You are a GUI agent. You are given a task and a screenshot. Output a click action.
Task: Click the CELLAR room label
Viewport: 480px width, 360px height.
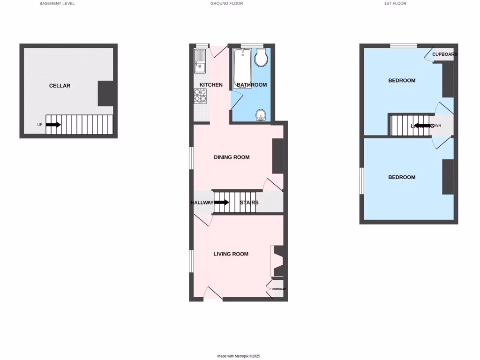(x=60, y=86)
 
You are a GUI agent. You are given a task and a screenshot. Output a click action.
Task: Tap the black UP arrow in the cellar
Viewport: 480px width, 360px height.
(x=53, y=125)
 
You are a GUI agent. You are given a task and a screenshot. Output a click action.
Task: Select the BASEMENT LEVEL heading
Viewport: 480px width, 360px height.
(x=57, y=3)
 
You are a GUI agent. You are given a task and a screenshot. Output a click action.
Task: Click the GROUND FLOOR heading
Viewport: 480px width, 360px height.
(x=226, y=3)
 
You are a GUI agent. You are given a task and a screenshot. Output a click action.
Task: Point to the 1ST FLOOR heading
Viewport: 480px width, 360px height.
(x=395, y=3)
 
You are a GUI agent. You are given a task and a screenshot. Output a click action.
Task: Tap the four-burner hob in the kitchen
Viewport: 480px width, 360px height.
(x=200, y=96)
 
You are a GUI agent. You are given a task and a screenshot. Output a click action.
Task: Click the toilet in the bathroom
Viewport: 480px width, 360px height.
(x=261, y=58)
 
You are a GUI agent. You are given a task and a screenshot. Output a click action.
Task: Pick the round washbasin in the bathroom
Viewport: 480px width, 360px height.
(x=261, y=115)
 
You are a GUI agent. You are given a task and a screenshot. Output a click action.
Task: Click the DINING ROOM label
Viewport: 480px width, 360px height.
(x=232, y=157)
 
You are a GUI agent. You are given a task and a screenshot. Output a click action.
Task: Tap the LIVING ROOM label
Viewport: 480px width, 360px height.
(x=231, y=254)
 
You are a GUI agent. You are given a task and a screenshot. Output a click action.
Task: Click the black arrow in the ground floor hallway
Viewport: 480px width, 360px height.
(x=222, y=202)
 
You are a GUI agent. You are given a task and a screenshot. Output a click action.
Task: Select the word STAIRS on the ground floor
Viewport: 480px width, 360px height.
(x=249, y=203)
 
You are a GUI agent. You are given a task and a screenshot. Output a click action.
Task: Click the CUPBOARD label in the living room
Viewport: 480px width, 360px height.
(x=279, y=289)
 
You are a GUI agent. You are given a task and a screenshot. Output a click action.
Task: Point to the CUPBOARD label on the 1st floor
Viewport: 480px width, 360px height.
(x=445, y=54)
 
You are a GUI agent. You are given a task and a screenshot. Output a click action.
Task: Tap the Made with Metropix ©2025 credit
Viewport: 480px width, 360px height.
(x=239, y=356)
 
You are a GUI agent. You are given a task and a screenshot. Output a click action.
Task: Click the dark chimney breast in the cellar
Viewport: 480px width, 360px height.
(x=107, y=93)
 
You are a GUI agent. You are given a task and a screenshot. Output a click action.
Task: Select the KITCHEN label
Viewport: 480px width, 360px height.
(x=211, y=85)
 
